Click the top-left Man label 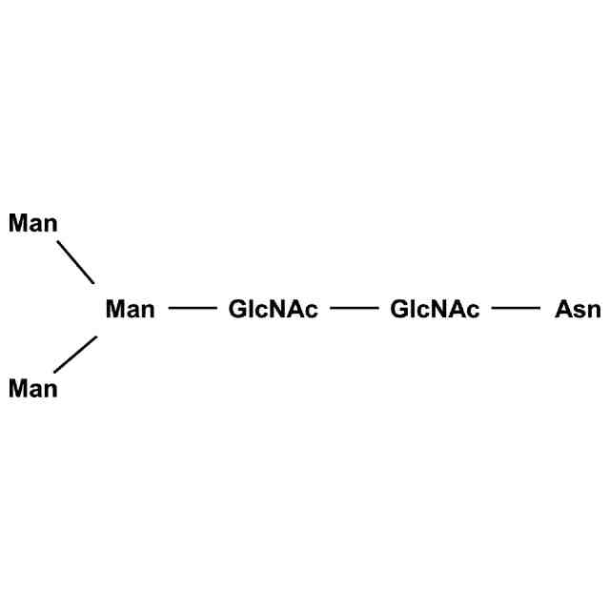pyautogui.click(x=33, y=224)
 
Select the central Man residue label pyautogui.click(x=130, y=309)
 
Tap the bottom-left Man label pyautogui.click(x=33, y=389)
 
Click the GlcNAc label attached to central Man pyautogui.click(x=274, y=309)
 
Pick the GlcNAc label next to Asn pyautogui.click(x=436, y=309)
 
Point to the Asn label pyautogui.click(x=578, y=309)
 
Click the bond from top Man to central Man pyautogui.click(x=75, y=262)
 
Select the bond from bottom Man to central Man pyautogui.click(x=75, y=354)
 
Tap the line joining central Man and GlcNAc pyautogui.click(x=193, y=309)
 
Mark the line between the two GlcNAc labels pyautogui.click(x=355, y=309)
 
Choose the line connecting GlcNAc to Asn pyautogui.click(x=516, y=309)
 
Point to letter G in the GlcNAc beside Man pyautogui.click(x=238, y=309)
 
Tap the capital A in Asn pyautogui.click(x=563, y=309)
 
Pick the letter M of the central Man pyautogui.click(x=115, y=309)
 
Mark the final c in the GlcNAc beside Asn pyautogui.click(x=474, y=311)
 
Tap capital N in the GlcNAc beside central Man pyautogui.click(x=278, y=309)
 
